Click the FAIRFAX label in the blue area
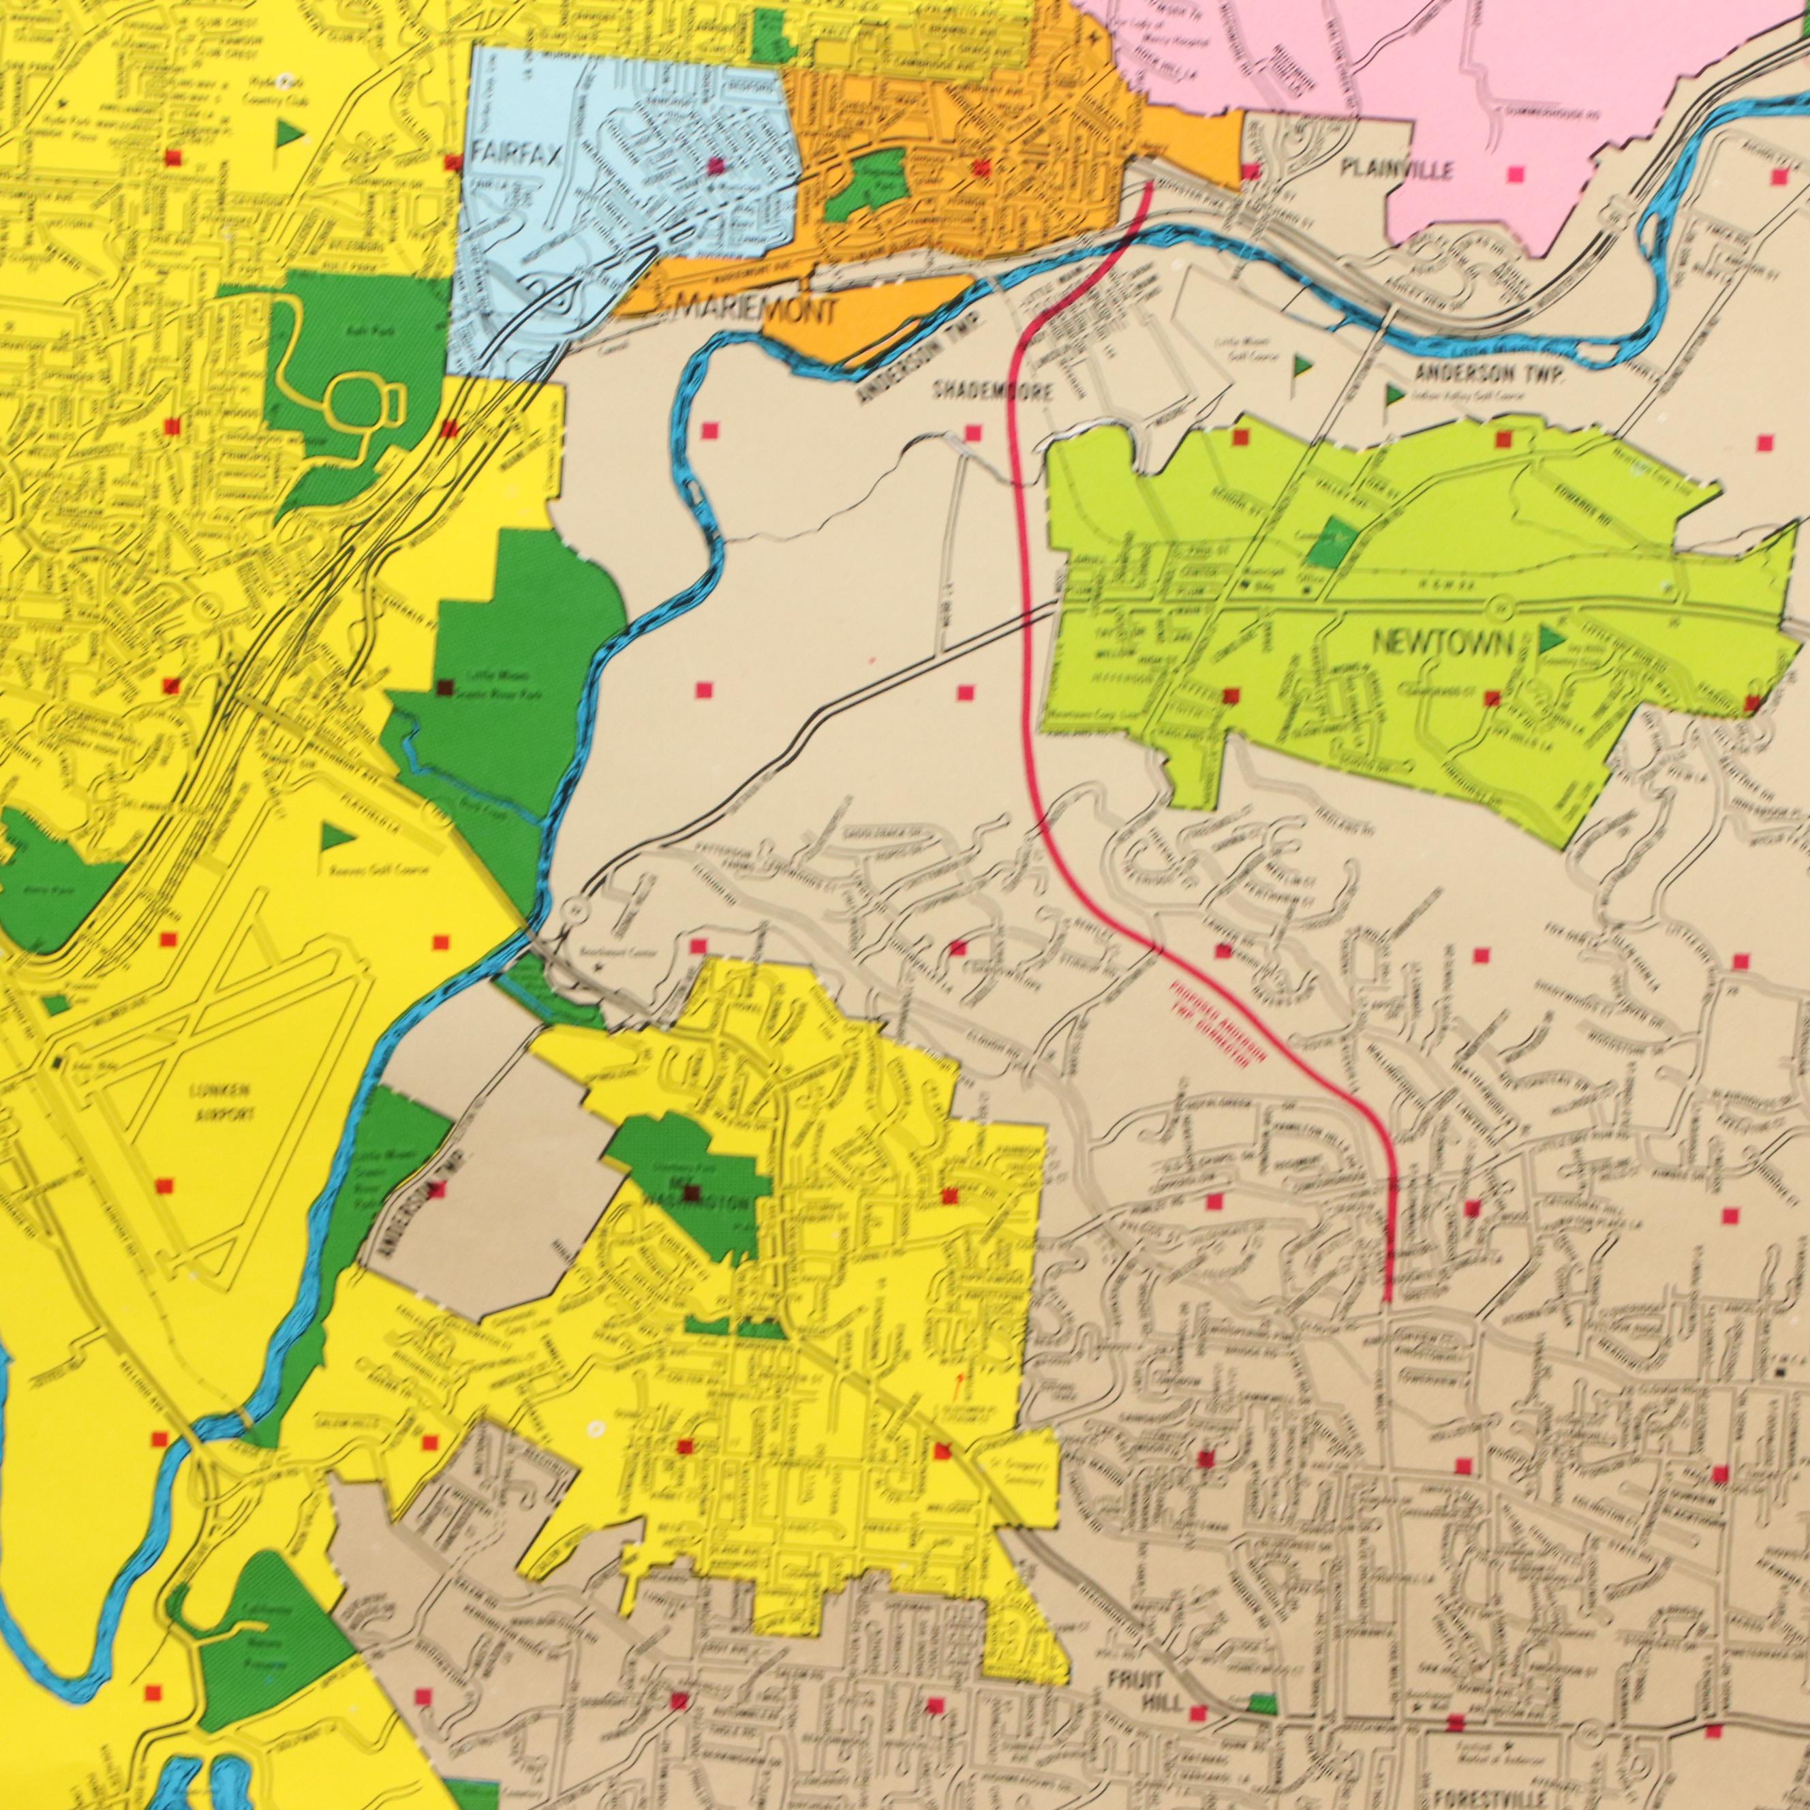(x=515, y=153)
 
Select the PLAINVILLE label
(x=1396, y=170)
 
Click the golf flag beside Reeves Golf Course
(x=330, y=837)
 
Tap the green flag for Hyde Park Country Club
(x=288, y=134)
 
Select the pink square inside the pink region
(x=1516, y=173)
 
